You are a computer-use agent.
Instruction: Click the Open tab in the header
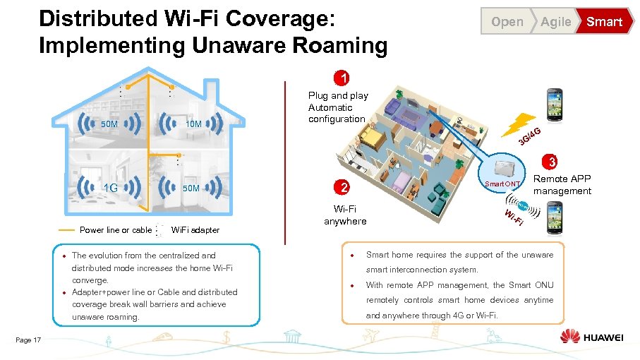pyautogui.click(x=507, y=22)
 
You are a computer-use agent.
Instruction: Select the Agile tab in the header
pyautogui.click(x=555, y=22)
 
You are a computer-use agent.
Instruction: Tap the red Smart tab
pyautogui.click(x=604, y=22)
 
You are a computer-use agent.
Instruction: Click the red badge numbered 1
pyautogui.click(x=342, y=78)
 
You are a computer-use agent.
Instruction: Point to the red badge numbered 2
pyautogui.click(x=342, y=187)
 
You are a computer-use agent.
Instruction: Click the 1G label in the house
pyautogui.click(x=110, y=188)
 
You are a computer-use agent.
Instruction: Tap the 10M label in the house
pyautogui.click(x=193, y=125)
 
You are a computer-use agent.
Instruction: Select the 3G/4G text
pyautogui.click(x=529, y=136)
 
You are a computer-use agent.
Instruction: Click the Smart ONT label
pyautogui.click(x=502, y=184)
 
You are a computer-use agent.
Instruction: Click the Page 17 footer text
pyautogui.click(x=28, y=340)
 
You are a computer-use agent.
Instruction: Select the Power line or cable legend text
pyautogui.click(x=116, y=230)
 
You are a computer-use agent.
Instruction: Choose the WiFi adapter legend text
pyautogui.click(x=195, y=230)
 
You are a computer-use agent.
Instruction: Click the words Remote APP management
pyautogui.click(x=562, y=185)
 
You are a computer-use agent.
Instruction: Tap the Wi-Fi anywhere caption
pyautogui.click(x=345, y=215)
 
